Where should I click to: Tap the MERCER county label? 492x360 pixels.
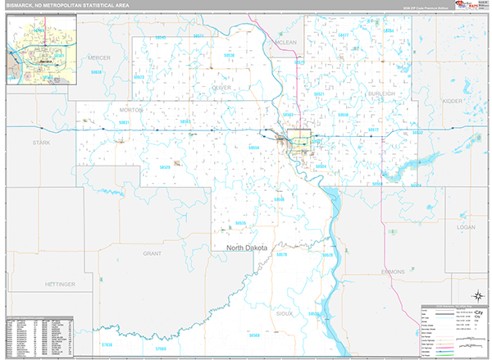pyautogui.click(x=99, y=57)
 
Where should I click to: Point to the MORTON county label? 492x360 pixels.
pyautogui.click(x=130, y=109)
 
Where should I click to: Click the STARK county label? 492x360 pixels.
pyautogui.click(x=42, y=142)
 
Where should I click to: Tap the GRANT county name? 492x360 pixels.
pyautogui.click(x=153, y=254)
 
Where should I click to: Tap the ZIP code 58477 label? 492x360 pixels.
pyautogui.click(x=342, y=35)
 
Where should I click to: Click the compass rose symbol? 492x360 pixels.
pyautogui.click(x=476, y=296)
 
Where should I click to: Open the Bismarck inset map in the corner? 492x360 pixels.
pyautogui.click(x=40, y=48)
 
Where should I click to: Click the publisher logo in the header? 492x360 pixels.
pyautogui.click(x=468, y=7)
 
